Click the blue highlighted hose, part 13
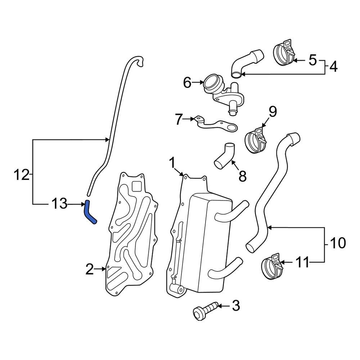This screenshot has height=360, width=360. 89,213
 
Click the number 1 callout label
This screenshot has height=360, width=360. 173,163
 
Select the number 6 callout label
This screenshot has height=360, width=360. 187,83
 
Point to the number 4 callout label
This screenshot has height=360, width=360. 333,67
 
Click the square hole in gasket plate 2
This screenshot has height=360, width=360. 137,186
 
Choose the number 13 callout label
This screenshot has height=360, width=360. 59,204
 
